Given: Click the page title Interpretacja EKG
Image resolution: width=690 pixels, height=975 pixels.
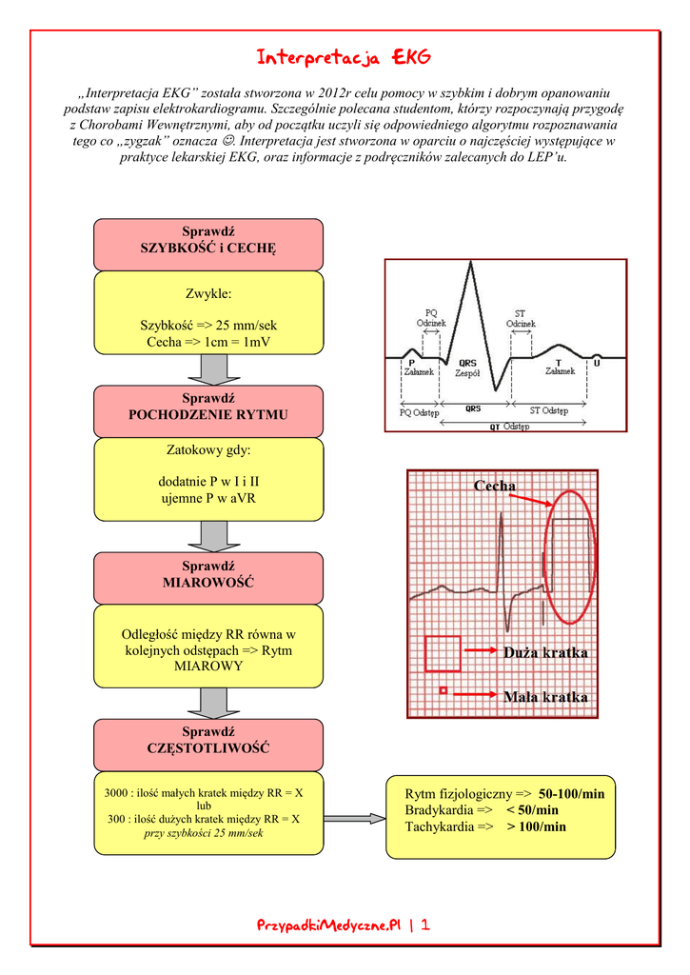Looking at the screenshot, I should (x=344, y=59).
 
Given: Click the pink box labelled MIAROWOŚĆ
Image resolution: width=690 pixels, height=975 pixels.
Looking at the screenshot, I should (x=207, y=574).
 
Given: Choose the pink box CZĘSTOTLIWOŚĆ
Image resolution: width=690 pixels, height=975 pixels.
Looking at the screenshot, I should (x=207, y=741).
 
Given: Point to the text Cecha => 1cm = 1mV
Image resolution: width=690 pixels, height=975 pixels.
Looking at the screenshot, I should (x=208, y=342).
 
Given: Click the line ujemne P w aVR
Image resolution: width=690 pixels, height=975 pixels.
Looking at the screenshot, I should (x=208, y=498).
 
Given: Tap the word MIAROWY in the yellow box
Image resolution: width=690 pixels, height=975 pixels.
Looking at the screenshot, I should (x=208, y=667).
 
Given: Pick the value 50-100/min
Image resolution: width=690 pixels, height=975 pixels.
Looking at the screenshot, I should (x=571, y=793).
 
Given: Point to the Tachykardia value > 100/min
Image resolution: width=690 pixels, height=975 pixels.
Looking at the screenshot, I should (x=536, y=826).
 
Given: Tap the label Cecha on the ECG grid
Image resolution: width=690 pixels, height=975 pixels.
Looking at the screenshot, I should (x=494, y=487).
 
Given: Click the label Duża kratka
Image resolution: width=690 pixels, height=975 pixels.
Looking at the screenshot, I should (x=544, y=653).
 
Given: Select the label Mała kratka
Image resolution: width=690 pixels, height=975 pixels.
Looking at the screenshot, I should (x=544, y=697).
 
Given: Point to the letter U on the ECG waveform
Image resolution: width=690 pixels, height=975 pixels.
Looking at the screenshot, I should (x=597, y=363).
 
